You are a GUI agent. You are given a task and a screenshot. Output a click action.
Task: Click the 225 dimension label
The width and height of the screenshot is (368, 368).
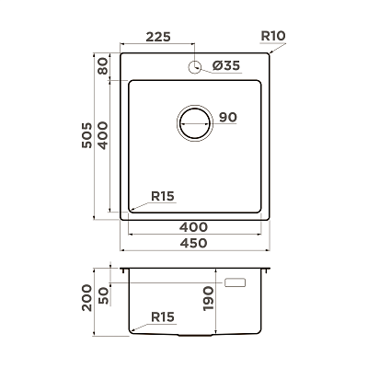point(158,37)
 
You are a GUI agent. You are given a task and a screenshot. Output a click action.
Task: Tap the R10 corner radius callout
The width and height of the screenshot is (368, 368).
point(273,36)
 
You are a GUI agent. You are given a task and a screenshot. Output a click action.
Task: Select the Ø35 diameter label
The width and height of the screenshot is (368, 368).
point(226,65)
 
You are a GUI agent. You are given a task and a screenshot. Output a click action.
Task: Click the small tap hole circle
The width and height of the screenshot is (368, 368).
point(194,67)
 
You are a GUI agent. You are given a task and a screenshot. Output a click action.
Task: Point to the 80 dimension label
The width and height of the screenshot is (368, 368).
point(103,66)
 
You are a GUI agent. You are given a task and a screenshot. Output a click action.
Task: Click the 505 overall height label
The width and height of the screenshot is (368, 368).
point(86,135)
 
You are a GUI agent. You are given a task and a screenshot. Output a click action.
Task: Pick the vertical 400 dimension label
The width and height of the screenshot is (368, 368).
point(103,135)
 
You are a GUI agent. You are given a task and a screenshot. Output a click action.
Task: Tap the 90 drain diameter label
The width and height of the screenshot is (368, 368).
point(228,117)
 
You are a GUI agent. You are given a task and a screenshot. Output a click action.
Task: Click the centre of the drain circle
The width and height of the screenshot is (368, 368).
point(195,123)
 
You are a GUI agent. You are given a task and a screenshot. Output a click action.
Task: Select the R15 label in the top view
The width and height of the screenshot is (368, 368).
point(163,196)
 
